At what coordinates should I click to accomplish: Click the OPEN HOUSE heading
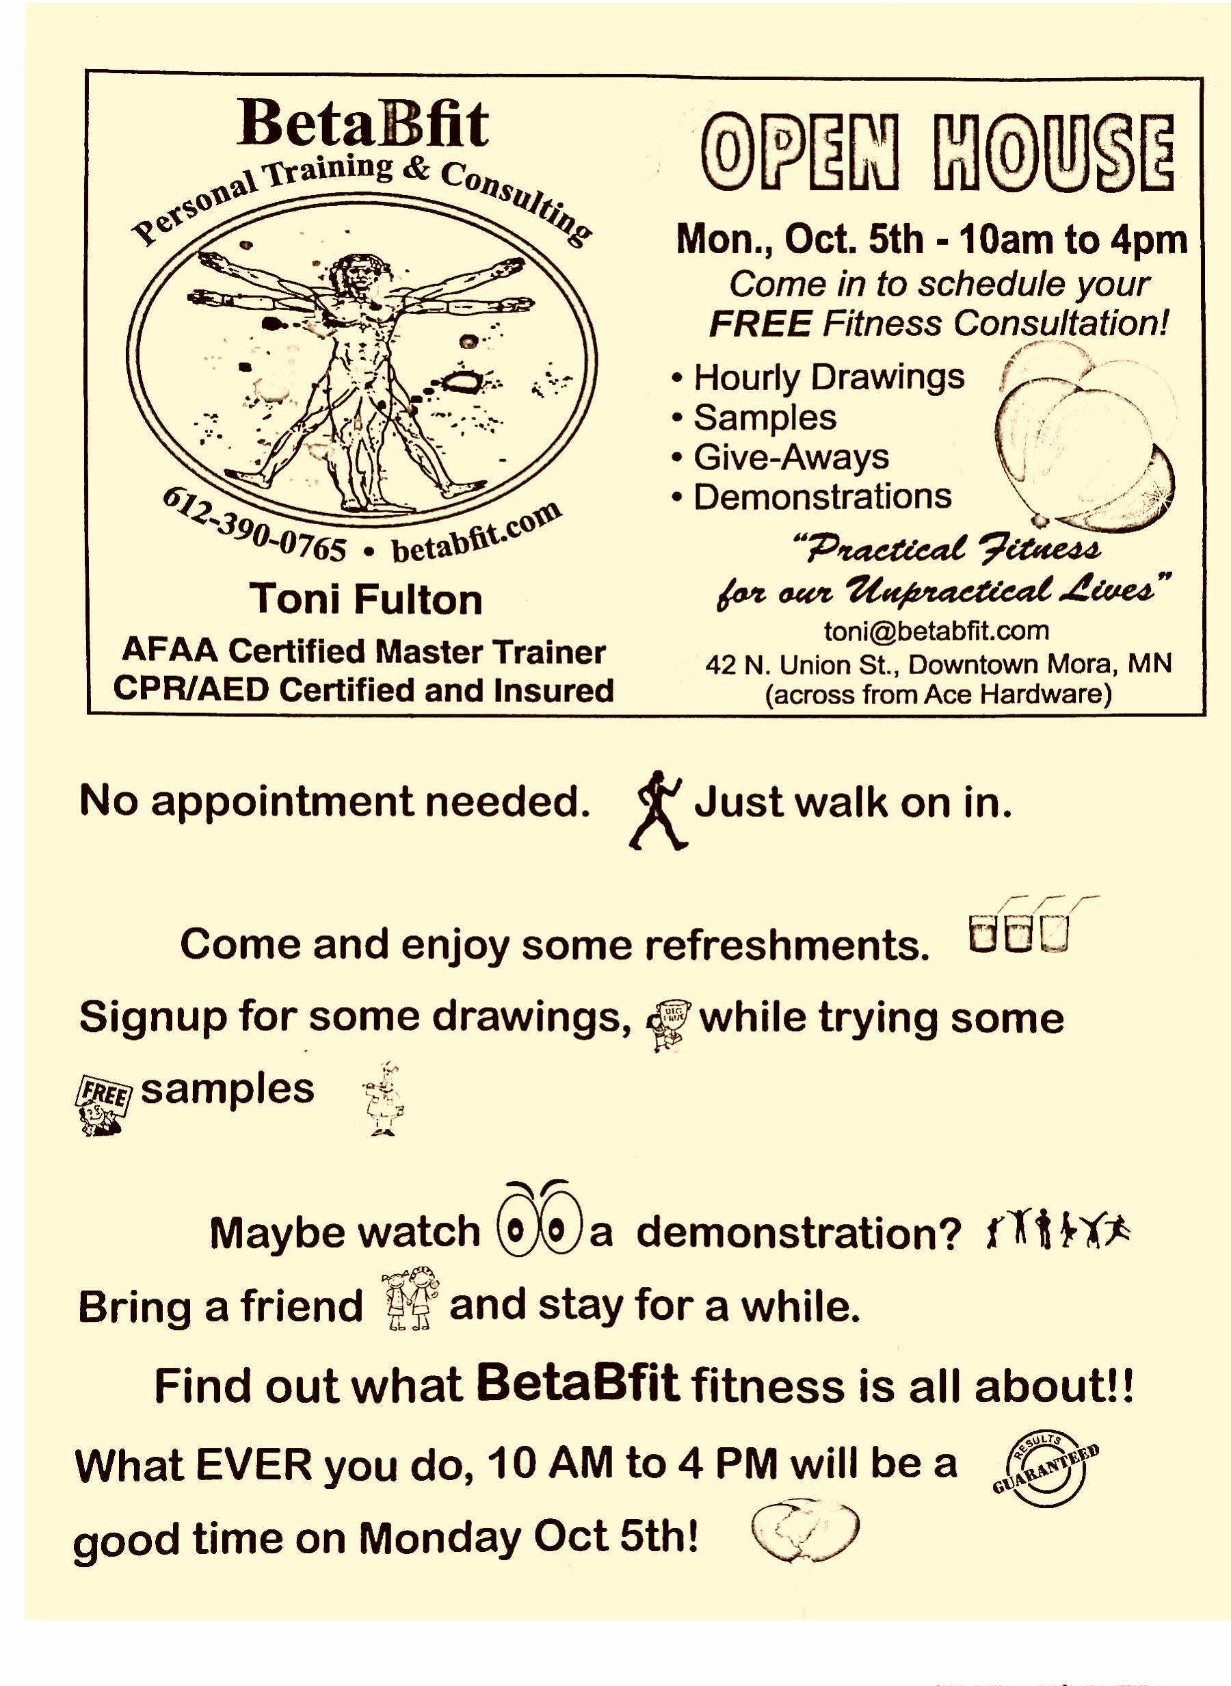pyautogui.click(x=938, y=152)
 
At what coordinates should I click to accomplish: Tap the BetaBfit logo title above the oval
pyautogui.click(x=363, y=124)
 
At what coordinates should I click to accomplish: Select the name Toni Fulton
pyautogui.click(x=366, y=600)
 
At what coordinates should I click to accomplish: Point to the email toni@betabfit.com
pyautogui.click(x=936, y=631)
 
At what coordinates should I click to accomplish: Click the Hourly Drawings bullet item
pyautogui.click(x=828, y=377)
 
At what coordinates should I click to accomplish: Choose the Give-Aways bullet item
pyautogui.click(x=791, y=457)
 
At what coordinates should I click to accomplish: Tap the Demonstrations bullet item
pyautogui.click(x=822, y=496)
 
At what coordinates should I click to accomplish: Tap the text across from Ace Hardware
pyautogui.click(x=938, y=695)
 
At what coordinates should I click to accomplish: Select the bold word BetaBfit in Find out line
pyautogui.click(x=577, y=1384)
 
